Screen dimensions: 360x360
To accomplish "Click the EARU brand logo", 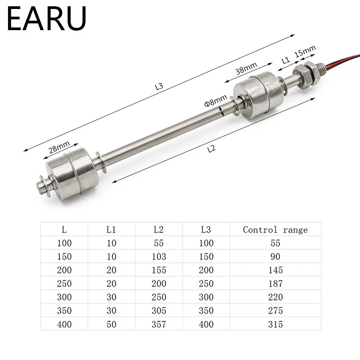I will (x=46, y=19).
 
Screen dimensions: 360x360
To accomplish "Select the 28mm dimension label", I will (x=59, y=147).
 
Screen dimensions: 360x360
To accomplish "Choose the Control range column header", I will (x=275, y=230).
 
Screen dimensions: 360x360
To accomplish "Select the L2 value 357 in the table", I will (x=158, y=324).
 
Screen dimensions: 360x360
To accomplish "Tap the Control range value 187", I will (x=275, y=283).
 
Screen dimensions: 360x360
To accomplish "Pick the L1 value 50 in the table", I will (x=112, y=324).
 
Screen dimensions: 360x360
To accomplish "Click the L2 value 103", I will (x=158, y=256).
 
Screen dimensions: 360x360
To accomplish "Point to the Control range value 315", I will (x=275, y=324).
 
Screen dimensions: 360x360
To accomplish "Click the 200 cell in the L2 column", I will (x=158, y=283).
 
